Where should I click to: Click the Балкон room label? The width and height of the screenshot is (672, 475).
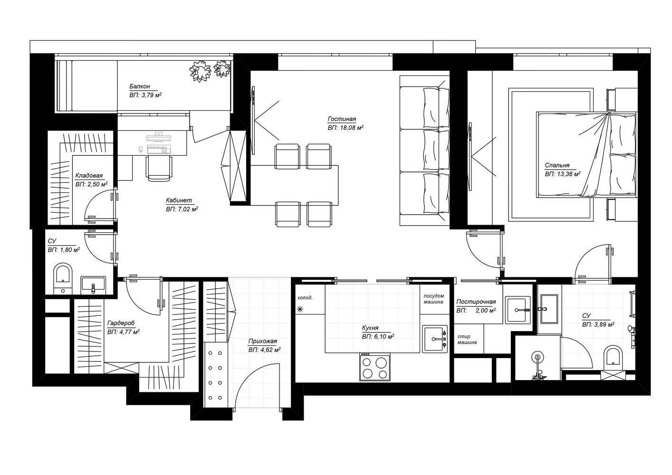coord(140,86)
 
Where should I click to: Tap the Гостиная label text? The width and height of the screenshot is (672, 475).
coord(342,119)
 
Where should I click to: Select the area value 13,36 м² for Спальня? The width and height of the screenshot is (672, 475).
coord(563,174)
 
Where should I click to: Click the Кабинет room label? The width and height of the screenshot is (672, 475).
coord(179,200)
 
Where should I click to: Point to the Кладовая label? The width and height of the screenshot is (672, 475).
coord(89,175)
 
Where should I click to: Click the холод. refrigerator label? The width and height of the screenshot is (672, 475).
coord(305,298)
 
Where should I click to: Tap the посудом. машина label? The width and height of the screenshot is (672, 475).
coord(434,299)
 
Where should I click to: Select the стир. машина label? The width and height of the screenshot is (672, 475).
coord(467,339)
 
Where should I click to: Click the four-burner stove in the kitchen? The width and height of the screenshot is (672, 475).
coord(375,367)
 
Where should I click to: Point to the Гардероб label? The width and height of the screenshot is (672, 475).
coord(121,323)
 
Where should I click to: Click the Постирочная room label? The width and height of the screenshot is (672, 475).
coord(476,302)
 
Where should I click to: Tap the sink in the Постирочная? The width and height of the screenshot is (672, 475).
coord(518,310)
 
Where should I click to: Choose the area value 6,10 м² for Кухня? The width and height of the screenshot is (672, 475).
coord(378,337)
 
